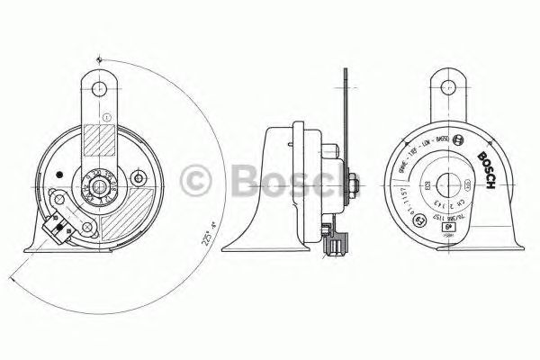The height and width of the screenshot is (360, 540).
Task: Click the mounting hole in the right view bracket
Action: [451, 88]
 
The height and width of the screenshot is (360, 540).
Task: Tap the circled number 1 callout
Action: [106, 116]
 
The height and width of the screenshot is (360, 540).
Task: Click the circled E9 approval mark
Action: [461, 141]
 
